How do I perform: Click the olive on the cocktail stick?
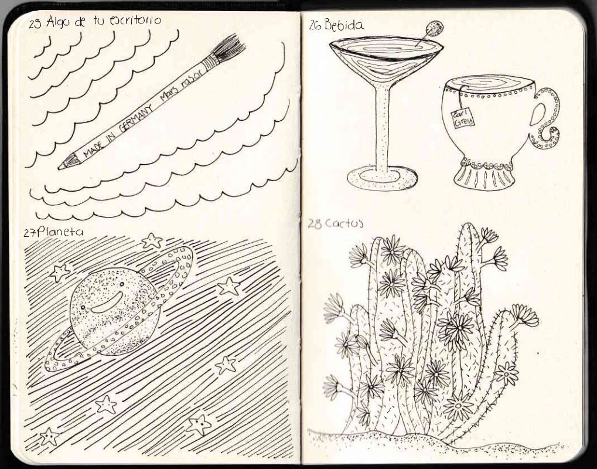point(434,28)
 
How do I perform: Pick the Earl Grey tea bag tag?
point(463,117)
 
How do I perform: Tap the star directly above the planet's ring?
point(152,240)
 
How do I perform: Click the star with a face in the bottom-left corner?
point(49,437)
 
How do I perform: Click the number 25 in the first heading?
point(35,24)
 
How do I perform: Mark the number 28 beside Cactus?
point(315,224)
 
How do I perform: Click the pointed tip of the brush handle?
point(60,167)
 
